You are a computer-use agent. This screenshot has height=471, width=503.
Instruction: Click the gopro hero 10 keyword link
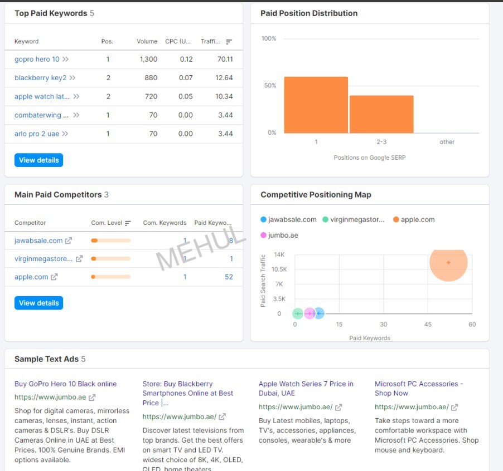37,59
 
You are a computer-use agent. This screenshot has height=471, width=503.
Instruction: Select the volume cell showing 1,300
148,59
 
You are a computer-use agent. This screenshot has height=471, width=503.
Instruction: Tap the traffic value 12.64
224,78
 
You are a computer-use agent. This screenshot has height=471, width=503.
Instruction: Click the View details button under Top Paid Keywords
38,160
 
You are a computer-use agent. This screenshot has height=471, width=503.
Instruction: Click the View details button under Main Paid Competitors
38,303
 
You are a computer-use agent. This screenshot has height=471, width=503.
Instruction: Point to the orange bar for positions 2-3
381,114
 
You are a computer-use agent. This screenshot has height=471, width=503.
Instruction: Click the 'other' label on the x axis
447,142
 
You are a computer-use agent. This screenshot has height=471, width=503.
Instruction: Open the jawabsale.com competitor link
38,241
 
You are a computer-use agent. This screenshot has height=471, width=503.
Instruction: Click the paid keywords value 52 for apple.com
229,277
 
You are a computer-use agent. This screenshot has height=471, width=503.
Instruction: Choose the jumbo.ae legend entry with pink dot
283,235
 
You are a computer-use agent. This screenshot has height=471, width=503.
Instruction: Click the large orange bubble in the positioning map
448,262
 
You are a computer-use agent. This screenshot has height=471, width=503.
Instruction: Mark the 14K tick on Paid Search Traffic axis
279,254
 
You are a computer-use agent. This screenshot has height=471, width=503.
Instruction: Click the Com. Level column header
107,223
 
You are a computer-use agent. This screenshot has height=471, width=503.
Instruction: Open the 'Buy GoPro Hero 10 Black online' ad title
66,384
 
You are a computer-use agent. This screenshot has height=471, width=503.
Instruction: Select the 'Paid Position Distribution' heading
309,13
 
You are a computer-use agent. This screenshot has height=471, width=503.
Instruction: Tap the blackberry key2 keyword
40,78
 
